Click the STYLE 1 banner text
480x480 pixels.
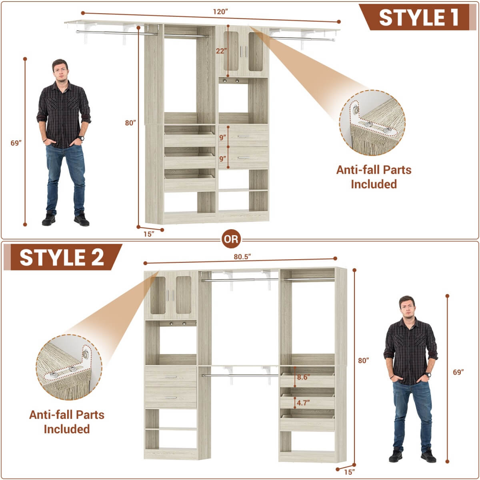tap(418, 18)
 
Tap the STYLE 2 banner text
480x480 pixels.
tap(62, 257)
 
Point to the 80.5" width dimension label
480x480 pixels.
tap(242, 257)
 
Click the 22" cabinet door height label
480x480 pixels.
tap(221, 51)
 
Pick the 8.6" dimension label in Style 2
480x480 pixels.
tap(303, 377)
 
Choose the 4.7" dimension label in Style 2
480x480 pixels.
tap(303, 403)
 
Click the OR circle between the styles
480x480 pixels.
tap(231, 239)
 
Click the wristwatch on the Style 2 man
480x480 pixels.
tap(428, 375)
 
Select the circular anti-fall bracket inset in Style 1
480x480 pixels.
tap(372, 123)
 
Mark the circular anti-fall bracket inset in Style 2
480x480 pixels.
tap(69, 367)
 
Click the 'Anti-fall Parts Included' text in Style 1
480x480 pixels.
tap(374, 177)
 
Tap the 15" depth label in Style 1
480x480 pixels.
tap(149, 234)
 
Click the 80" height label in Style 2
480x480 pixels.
tap(363, 360)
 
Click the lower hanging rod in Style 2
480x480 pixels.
tap(240, 375)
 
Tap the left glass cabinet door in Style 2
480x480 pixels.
tap(158, 295)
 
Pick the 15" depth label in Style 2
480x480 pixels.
tap(349, 472)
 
